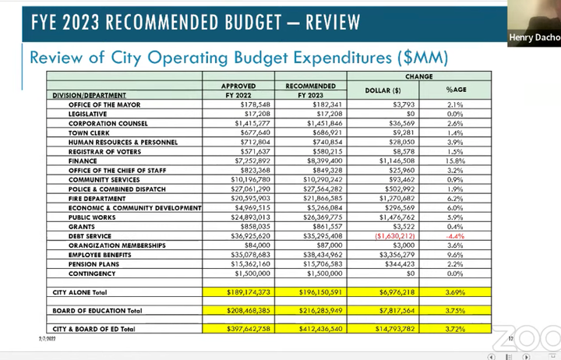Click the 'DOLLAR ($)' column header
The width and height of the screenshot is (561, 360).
coord(383,90)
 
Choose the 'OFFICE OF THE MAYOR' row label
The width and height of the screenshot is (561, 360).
coord(103,104)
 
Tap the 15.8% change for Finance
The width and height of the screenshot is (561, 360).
coord(455,161)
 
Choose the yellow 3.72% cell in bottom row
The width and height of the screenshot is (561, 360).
coord(455,329)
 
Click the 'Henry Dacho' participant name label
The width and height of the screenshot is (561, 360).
coord(534,37)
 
